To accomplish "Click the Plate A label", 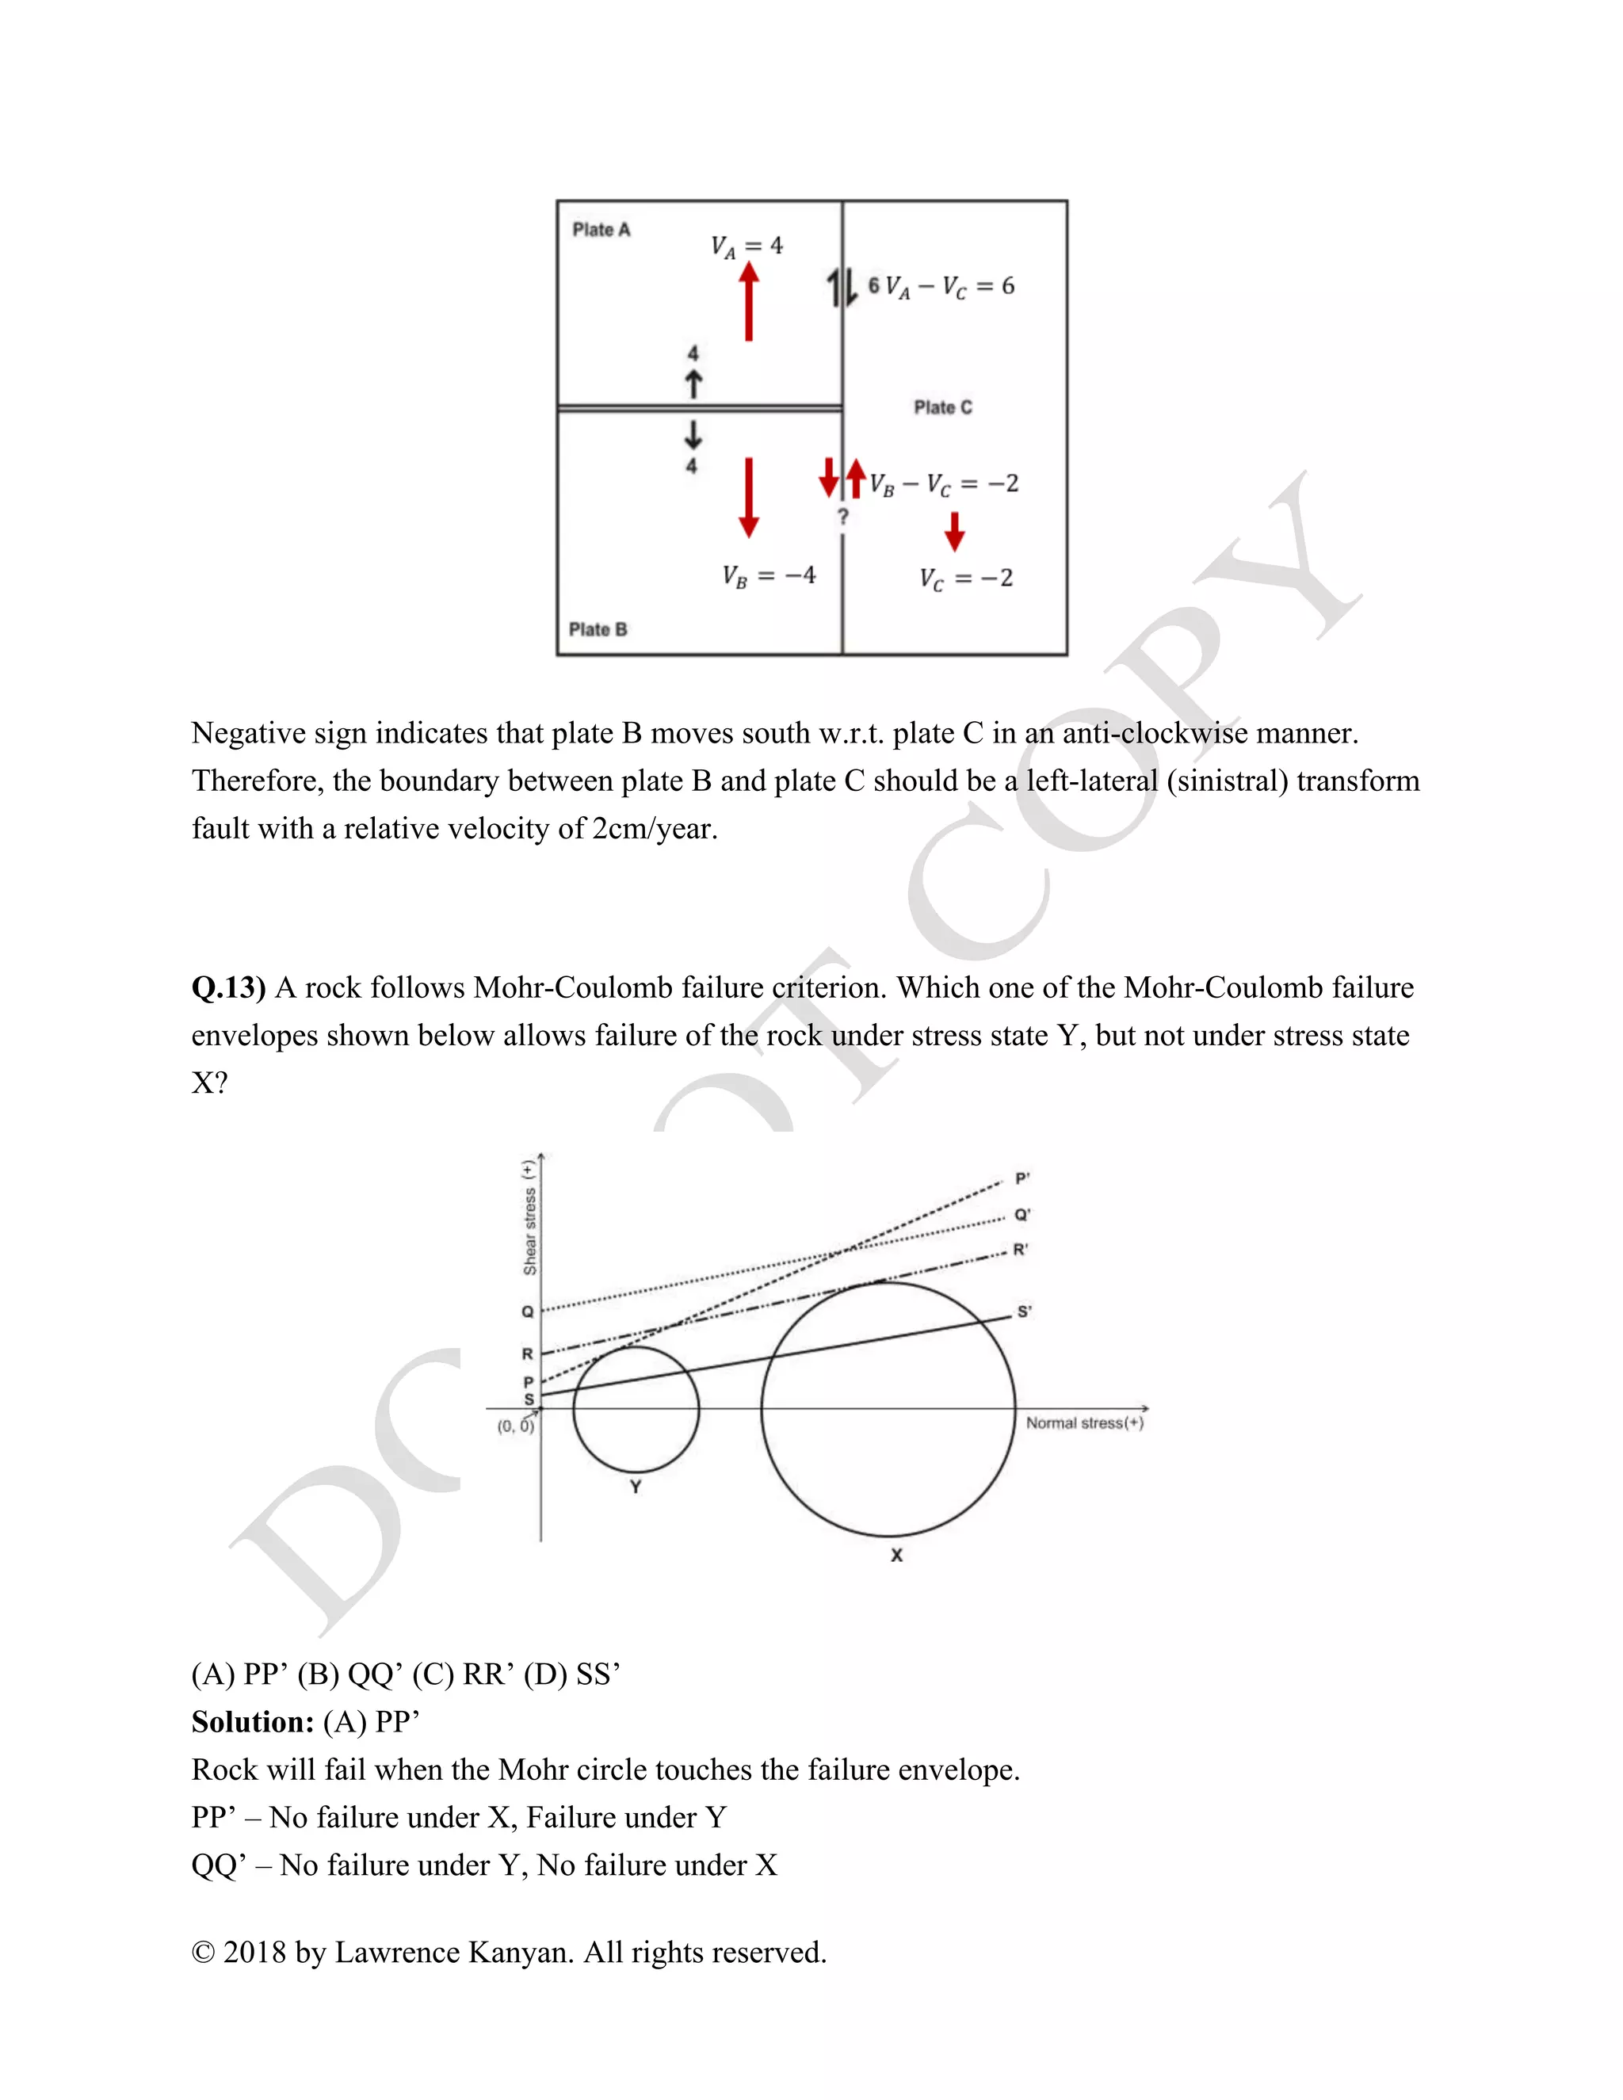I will tap(601, 230).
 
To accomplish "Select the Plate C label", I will tap(942, 407).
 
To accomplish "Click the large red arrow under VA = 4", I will tap(749, 302).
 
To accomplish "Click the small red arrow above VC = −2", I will tap(954, 531).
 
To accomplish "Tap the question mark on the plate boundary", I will tap(843, 517).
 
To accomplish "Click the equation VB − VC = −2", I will tap(944, 483).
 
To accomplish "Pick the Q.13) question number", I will tap(229, 987).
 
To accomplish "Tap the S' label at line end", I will tap(1024, 1312).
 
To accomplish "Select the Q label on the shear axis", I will tap(527, 1312).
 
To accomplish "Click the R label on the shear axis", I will tap(527, 1354).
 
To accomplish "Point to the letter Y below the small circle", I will tap(636, 1487).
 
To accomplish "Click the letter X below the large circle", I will tap(896, 1555).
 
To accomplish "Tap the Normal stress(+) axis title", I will tap(1083, 1423).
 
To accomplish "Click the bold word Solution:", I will tap(252, 1722).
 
